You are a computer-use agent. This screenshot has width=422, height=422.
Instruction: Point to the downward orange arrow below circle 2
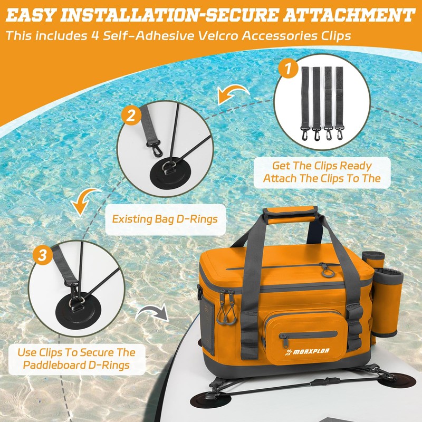[84, 202]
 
